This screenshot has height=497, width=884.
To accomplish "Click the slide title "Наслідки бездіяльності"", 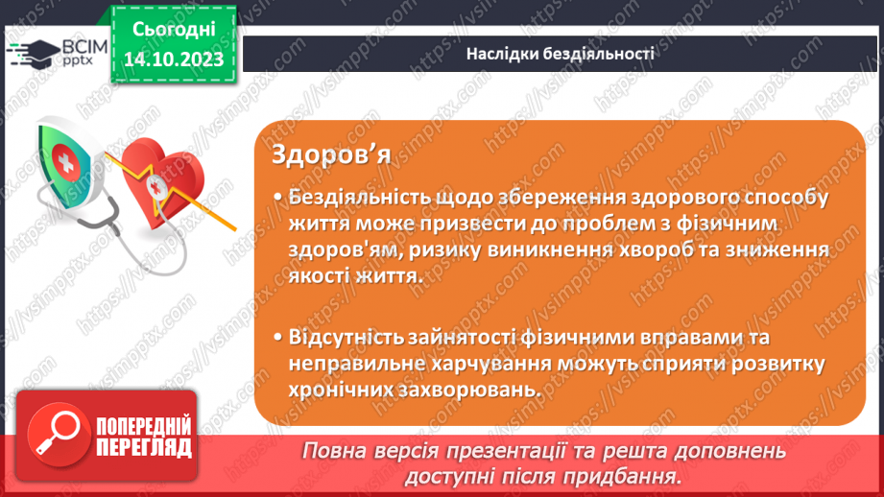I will click(561, 54).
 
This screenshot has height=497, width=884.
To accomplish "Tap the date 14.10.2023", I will click(173, 60).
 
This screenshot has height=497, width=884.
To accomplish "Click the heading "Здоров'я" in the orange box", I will click(330, 154).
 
